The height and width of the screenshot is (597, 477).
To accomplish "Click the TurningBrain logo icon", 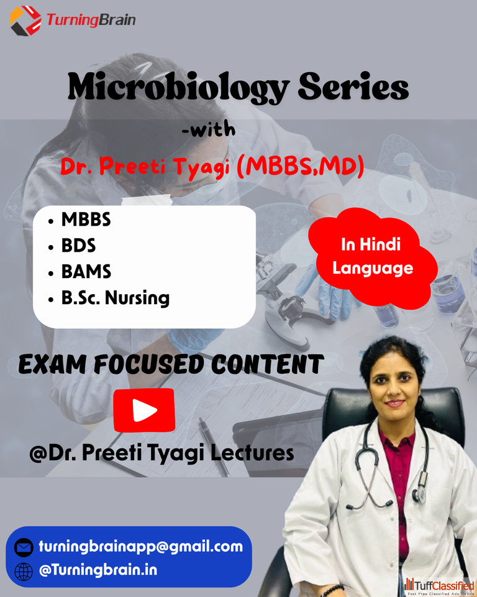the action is click(25, 21).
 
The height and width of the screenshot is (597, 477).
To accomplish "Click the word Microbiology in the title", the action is click(179, 88).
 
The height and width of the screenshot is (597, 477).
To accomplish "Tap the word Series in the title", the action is click(353, 86).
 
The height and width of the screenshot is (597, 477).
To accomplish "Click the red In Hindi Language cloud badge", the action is click(373, 257).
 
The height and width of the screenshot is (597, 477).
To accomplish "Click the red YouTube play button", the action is click(144, 410).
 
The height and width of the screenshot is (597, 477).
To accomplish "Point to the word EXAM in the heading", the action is click(52, 364).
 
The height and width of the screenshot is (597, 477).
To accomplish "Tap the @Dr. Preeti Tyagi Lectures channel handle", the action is click(161, 453).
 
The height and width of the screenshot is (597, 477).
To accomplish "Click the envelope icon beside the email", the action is click(24, 547).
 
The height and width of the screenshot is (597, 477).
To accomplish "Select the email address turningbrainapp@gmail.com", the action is click(141, 547).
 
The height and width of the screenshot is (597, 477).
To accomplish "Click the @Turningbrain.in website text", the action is click(98, 570).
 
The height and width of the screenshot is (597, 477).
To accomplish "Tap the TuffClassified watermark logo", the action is click(439, 586).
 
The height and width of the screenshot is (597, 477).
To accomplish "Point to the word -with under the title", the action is click(209, 129).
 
